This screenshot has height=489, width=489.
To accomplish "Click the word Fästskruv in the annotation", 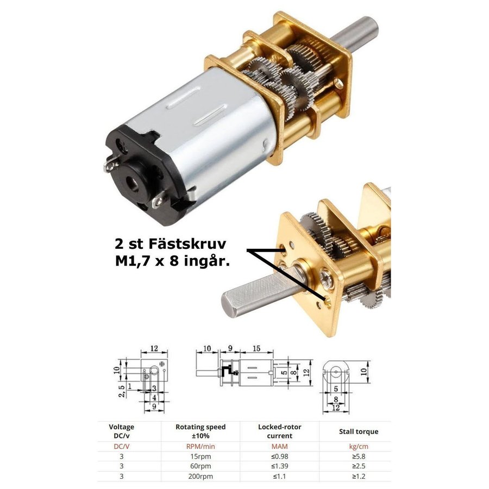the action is click(187, 243).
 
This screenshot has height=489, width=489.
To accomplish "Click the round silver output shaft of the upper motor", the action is click(355, 34).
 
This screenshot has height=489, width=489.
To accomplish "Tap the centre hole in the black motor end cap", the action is click(133, 184).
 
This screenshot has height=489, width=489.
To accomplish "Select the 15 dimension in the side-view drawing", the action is click(256, 348).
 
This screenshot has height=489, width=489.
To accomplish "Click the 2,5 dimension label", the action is click(122, 391).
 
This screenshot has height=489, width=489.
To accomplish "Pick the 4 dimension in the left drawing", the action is click(154, 398).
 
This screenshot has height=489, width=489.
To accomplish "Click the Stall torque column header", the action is click(359, 431).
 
